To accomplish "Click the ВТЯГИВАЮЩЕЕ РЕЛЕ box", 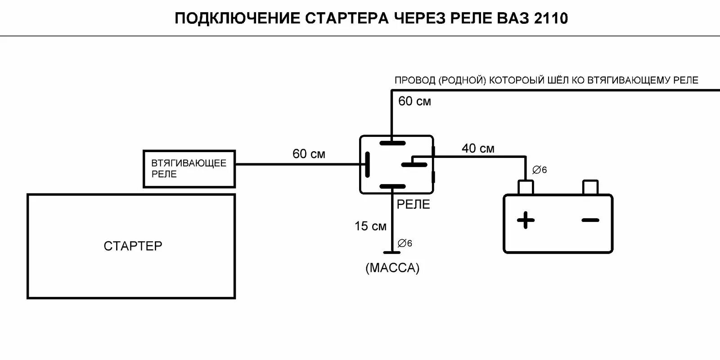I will (189, 169).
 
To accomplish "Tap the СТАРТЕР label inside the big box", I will (133, 246).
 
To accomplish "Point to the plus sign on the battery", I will (526, 220).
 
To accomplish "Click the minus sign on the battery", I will (590, 220).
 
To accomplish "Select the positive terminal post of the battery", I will (526, 187).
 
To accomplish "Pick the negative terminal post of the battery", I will (590, 187).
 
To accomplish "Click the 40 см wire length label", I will (478, 148).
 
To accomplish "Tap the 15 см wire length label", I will (370, 226).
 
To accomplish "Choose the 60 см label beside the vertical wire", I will (414, 102).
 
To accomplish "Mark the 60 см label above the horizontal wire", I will (309, 154).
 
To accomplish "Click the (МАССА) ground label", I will (392, 268).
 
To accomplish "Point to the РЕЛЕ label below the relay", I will (413, 204).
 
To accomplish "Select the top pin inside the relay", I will (392, 143).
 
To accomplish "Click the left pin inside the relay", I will (368, 165).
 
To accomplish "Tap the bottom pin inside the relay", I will (392, 186).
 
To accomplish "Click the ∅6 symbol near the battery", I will (539, 170).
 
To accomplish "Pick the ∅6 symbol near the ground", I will (405, 243).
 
